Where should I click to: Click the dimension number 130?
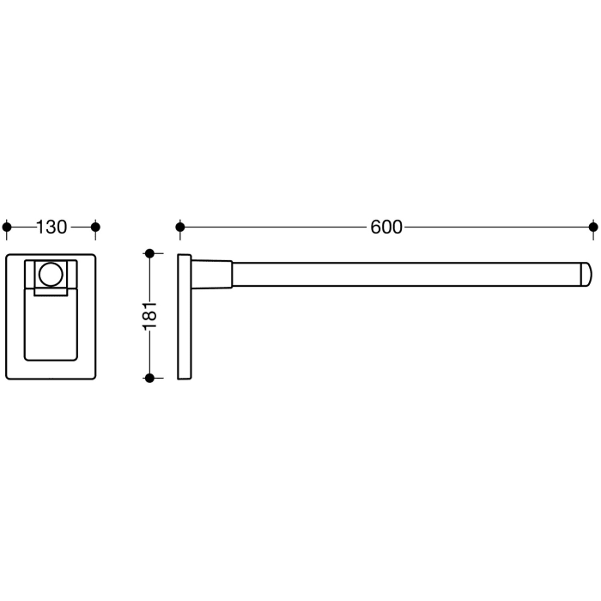[52, 228]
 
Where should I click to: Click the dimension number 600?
[386, 228]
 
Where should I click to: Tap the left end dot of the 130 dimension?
[8, 228]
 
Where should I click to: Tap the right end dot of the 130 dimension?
[95, 228]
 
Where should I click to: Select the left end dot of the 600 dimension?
[180, 228]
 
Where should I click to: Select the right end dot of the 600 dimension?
[592, 228]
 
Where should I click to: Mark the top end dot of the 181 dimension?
[149, 253]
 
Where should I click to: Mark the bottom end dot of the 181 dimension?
[149, 378]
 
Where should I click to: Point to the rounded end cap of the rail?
[586, 275]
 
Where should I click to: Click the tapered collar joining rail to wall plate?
[212, 275]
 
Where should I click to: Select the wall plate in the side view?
[185, 316]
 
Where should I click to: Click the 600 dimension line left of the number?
[275, 228]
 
